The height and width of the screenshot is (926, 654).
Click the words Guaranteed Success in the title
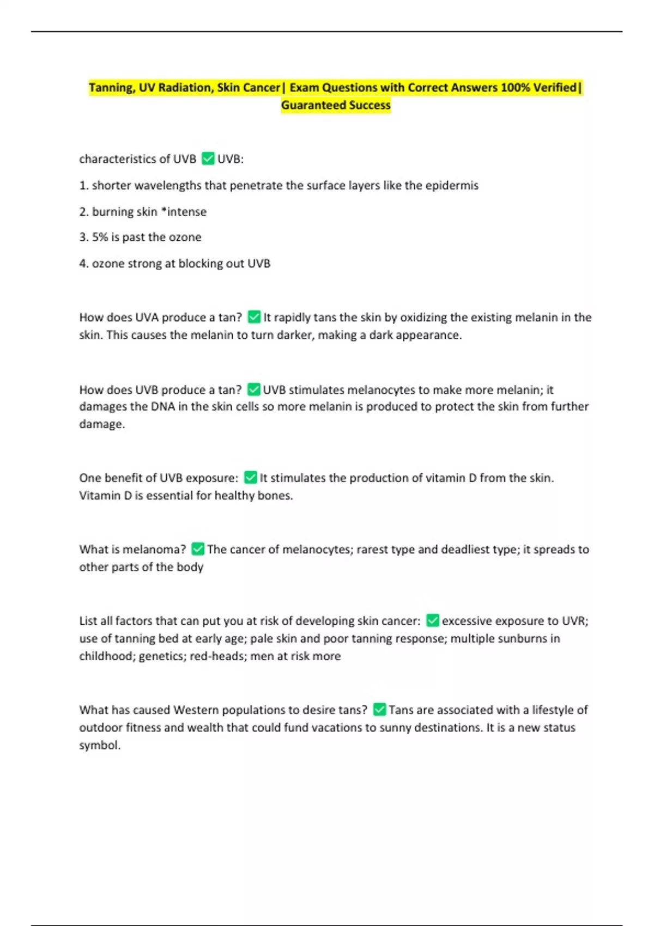point(336,105)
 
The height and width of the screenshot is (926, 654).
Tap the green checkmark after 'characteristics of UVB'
point(208,159)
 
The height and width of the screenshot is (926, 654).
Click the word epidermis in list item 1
point(452,185)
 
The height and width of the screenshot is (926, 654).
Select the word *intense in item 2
point(184,211)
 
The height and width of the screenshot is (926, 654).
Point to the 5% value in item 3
point(100,237)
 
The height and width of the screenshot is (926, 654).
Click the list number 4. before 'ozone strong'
point(84,264)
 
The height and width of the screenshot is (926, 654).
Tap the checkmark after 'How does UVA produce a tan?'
point(254,317)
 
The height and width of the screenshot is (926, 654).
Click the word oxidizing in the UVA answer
point(424,317)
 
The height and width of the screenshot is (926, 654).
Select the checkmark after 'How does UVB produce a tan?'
point(253,389)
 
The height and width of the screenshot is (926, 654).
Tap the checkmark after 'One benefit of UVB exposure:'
point(251,478)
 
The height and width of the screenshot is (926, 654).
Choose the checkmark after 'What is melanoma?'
point(198,549)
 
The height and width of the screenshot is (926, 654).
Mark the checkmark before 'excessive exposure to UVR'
point(433,620)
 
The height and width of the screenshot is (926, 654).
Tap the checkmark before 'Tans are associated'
point(380,710)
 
